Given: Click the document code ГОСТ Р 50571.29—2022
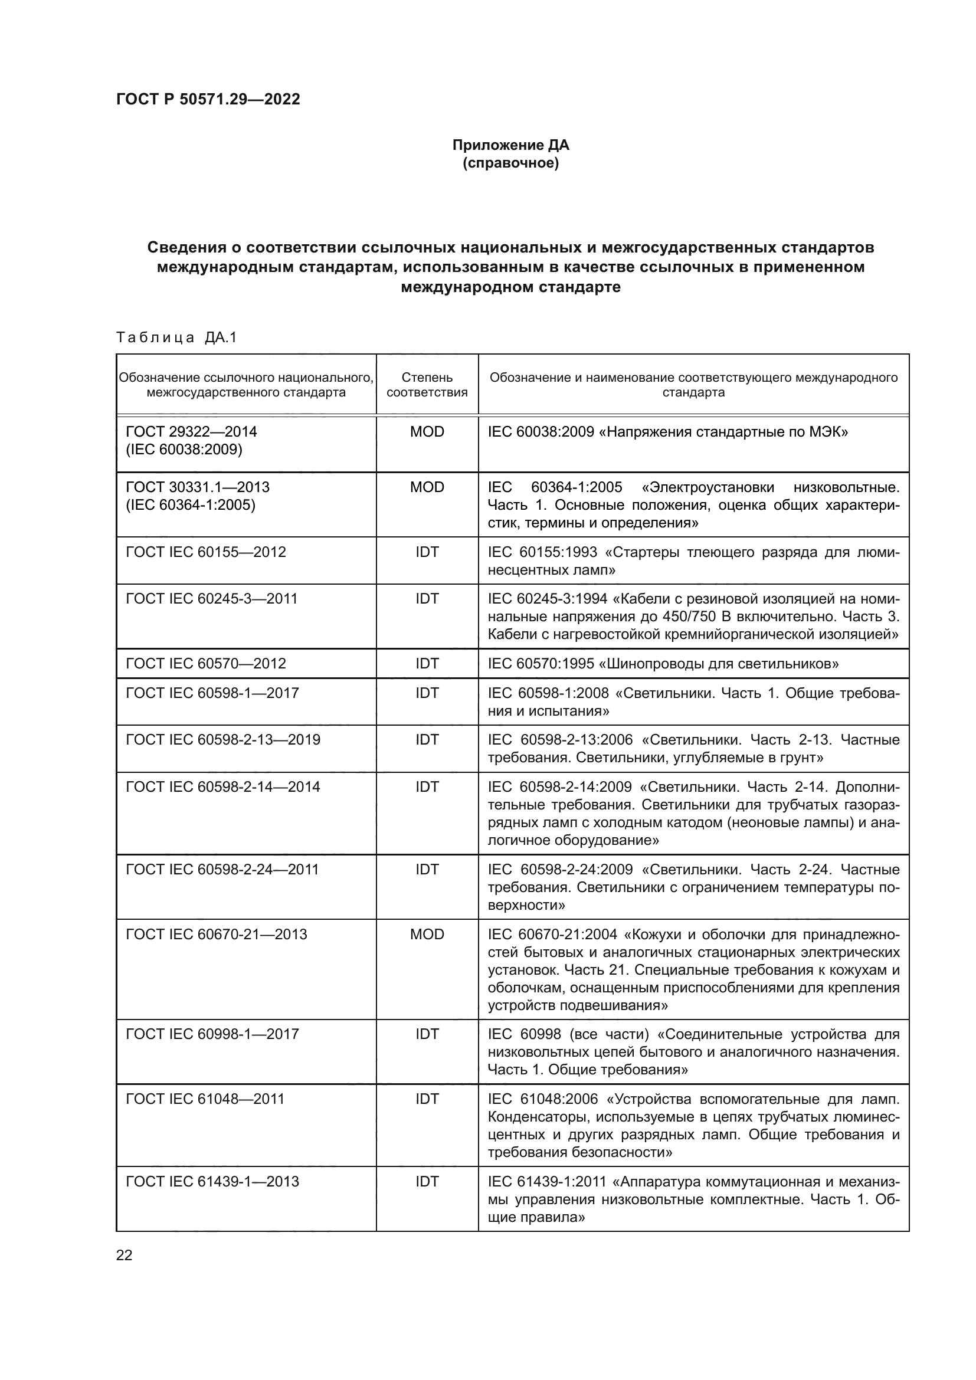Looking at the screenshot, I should coord(208,99).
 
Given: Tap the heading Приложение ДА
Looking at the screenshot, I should coord(510,145).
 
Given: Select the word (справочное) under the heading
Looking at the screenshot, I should coord(510,163).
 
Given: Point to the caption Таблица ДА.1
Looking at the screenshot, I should coord(176,337).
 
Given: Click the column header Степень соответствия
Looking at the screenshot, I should coord(427,385).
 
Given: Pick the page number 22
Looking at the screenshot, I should coord(125,1255).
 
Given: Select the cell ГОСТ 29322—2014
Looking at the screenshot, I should coord(191,431).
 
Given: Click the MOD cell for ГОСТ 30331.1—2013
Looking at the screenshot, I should coord(427,487).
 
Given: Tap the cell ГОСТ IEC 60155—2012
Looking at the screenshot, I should coord(205,552).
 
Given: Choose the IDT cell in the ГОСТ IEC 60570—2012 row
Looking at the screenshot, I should coord(427,664).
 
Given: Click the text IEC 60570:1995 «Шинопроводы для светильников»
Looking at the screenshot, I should coord(663,664).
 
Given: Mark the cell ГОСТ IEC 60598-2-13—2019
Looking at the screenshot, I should coord(222,739).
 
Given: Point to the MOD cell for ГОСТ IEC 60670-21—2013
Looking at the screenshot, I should coord(427,934).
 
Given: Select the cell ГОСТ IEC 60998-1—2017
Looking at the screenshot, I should coord(212,1034).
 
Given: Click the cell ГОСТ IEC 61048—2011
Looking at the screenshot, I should coord(204,1099).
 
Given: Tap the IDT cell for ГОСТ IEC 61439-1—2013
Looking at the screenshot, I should coord(427,1182).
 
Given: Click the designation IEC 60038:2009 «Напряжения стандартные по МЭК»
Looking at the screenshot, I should coord(668,431).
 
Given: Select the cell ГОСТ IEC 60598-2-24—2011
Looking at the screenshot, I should coord(222,869).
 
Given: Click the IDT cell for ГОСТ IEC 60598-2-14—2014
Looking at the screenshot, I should coord(427,787).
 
